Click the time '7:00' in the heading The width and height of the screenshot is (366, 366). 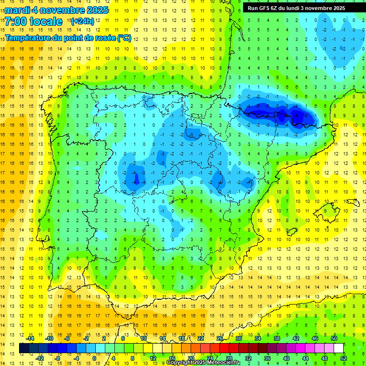(16, 21)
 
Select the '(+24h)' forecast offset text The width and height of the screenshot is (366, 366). (82, 21)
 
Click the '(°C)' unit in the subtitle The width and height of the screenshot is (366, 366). (124, 38)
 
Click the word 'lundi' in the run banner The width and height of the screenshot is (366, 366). (299, 8)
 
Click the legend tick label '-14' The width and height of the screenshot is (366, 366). (30, 338)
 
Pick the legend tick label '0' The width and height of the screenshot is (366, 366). (94, 358)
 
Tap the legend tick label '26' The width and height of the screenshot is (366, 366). (220, 338)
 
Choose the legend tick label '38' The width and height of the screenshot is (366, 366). (276, 338)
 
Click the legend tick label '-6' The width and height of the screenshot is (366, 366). (68, 338)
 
